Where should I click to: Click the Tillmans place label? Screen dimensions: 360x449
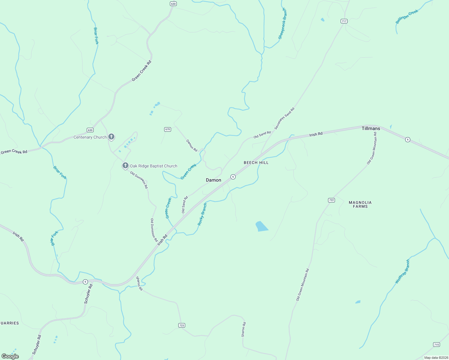pyautogui.click(x=371, y=128)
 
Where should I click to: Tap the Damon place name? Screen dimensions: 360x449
pyautogui.click(x=213, y=180)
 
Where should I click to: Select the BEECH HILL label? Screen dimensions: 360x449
pyautogui.click(x=256, y=163)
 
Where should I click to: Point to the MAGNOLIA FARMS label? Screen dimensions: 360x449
pyautogui.click(x=360, y=204)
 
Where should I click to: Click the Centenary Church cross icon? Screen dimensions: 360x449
pyautogui.click(x=111, y=137)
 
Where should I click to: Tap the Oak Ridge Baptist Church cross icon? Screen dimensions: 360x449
pyautogui.click(x=125, y=165)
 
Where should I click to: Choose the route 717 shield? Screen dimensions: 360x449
pyautogui.click(x=344, y=21)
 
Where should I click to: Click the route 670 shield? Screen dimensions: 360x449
pyautogui.click(x=167, y=129)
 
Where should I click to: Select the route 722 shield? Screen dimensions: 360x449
pyautogui.click(x=331, y=200)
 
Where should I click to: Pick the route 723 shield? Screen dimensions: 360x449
pyautogui.click(x=182, y=325)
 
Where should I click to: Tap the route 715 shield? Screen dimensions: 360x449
pyautogui.click(x=436, y=344)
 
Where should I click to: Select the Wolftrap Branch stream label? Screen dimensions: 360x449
pyautogui.click(x=402, y=271)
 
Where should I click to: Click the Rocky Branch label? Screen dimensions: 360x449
pyautogui.click(x=202, y=214)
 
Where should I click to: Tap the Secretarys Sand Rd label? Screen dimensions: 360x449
pyautogui.click(x=284, y=118)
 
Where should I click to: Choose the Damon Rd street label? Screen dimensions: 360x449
pyautogui.click(x=192, y=145)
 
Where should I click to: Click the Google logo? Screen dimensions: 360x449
pyautogui.click(x=10, y=356)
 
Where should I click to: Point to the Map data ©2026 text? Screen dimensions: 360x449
pyautogui.click(x=436, y=358)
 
